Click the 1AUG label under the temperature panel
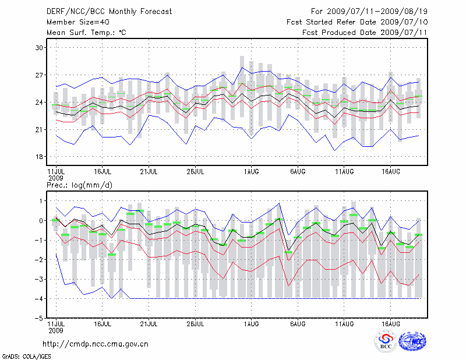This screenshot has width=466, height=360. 251,172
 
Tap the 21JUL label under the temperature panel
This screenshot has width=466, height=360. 149,172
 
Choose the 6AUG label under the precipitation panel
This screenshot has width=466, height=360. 298,324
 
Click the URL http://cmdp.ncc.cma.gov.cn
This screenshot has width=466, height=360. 96,344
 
